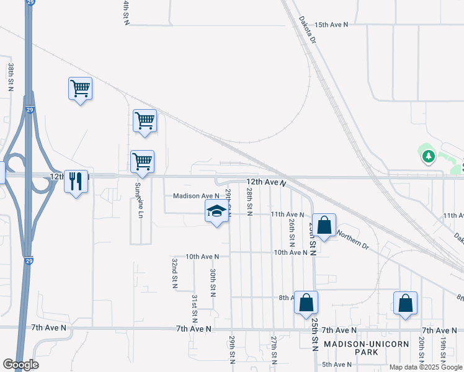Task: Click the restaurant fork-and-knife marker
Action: (76, 182)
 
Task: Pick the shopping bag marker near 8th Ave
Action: (306, 303)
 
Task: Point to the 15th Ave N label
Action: (331, 25)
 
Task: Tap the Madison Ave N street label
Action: (196, 196)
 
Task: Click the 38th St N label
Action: (11, 77)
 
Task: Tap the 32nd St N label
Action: (175, 274)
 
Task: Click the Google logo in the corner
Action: (20, 365)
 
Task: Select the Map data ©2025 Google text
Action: (426, 368)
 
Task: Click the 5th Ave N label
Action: (337, 365)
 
